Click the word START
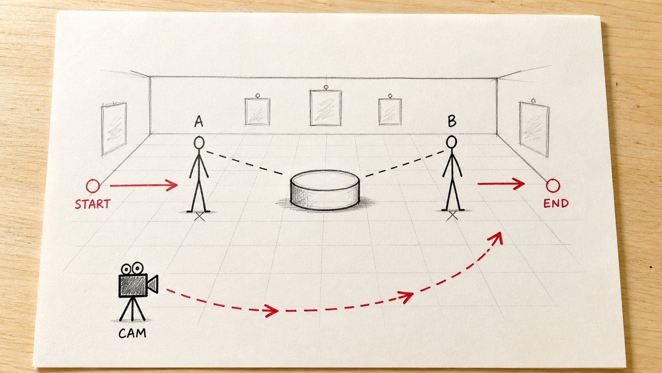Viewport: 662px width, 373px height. (x=93, y=204)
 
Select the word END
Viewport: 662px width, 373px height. (x=556, y=203)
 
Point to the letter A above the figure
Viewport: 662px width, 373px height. (x=199, y=121)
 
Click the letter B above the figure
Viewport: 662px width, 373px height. (x=452, y=121)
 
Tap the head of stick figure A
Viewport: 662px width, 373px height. (x=199, y=143)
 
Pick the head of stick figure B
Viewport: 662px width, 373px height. (x=451, y=142)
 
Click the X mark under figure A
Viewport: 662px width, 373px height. (x=200, y=216)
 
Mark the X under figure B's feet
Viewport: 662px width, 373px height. (x=452, y=216)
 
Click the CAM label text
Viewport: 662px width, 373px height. (x=132, y=333)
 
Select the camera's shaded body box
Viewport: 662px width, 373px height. (x=133, y=285)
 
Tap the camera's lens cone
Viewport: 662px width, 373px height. (x=153, y=285)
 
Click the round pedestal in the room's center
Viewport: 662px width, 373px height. (x=325, y=190)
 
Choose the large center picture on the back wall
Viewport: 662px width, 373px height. (x=326, y=108)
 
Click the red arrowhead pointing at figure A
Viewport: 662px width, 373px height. (x=172, y=185)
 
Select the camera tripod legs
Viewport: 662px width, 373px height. (x=132, y=309)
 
